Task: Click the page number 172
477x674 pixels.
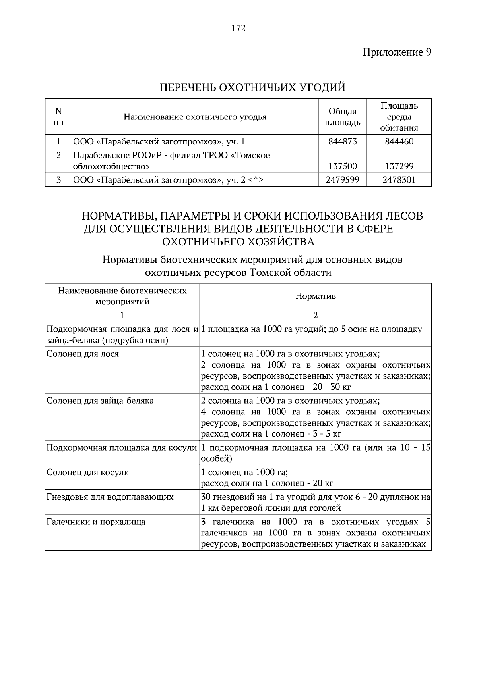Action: pos(238,29)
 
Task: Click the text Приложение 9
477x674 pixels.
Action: pos(397,52)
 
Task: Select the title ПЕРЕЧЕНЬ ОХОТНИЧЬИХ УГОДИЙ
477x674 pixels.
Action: pos(252,87)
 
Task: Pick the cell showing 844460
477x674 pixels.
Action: pos(399,141)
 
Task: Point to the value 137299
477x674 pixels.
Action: pos(399,166)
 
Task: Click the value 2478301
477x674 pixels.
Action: pos(399,180)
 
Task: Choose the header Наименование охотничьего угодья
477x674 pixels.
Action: pos(195,117)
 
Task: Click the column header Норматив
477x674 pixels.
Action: pos(315,296)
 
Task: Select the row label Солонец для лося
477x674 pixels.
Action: pos(83,354)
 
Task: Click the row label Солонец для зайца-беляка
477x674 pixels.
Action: pos(100,401)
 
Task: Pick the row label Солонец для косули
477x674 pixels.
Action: pos(88,472)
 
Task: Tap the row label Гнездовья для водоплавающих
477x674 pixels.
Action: pos(110,497)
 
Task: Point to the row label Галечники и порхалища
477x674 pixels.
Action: pos(96,522)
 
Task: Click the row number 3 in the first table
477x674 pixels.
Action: pos(58,180)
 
